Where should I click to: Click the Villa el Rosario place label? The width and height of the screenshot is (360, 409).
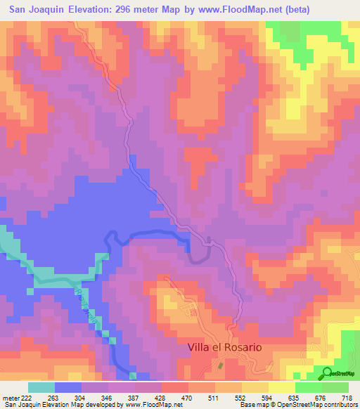pos(224,347)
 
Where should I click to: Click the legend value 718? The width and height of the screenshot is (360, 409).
pos(346,398)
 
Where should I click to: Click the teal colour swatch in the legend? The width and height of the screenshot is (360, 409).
pos(41,387)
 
